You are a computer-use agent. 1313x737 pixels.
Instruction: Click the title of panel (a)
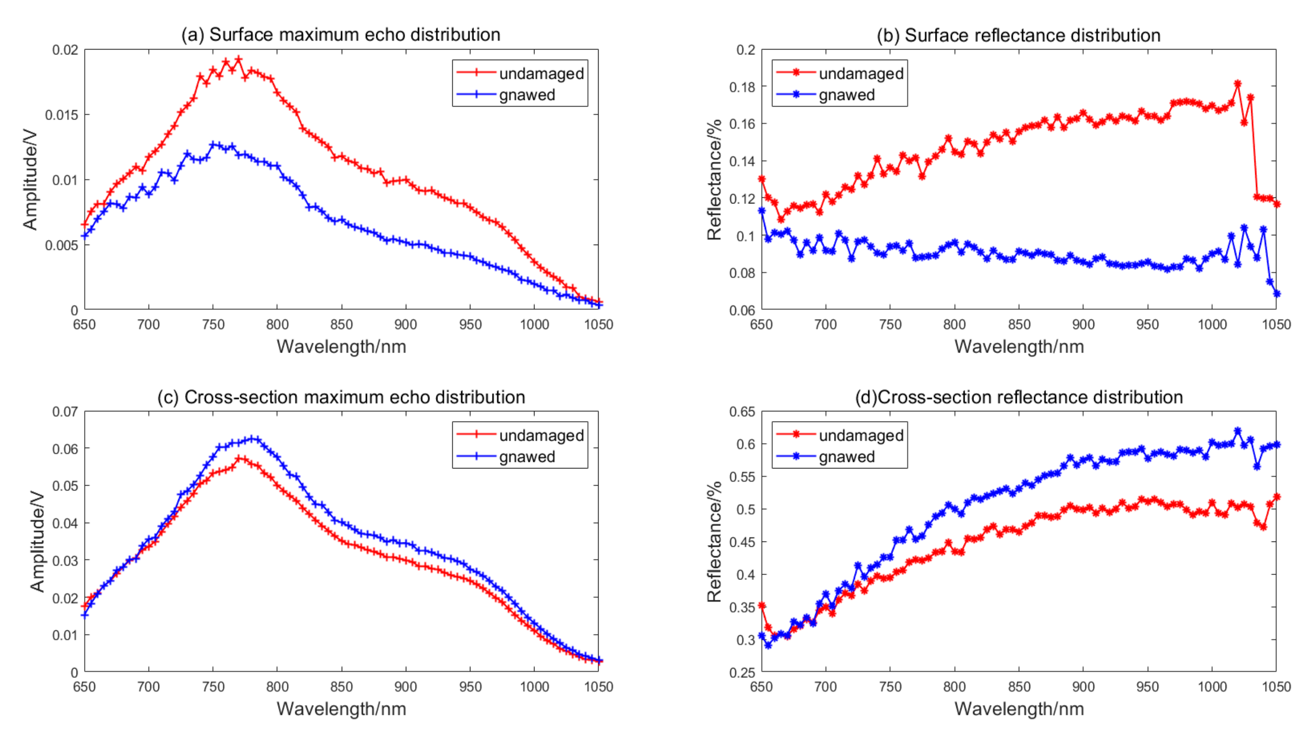tap(340, 35)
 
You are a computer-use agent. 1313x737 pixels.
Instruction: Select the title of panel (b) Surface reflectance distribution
tap(1018, 35)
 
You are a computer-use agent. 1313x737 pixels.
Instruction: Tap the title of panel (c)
tap(340, 397)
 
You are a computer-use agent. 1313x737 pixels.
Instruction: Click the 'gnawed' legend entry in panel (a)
tap(527, 95)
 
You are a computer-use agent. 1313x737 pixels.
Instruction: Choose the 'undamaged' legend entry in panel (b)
tap(860, 73)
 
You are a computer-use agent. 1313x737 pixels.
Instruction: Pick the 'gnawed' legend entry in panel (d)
tap(846, 457)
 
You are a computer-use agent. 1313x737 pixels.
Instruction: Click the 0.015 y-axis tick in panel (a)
tap(62, 115)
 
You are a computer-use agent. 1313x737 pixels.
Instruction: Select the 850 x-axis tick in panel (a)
tap(341, 324)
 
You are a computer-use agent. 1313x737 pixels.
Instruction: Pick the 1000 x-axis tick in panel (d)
tap(1212, 687)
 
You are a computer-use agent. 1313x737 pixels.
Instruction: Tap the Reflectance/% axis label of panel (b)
tap(714, 180)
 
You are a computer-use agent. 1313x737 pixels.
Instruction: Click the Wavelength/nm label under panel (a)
tap(341, 347)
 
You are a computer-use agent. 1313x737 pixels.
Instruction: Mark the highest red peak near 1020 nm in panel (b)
tap(1237, 84)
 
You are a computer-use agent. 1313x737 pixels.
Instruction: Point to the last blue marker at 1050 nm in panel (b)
tap(1276, 293)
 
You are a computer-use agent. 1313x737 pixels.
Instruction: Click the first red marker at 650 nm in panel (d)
tap(762, 606)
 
